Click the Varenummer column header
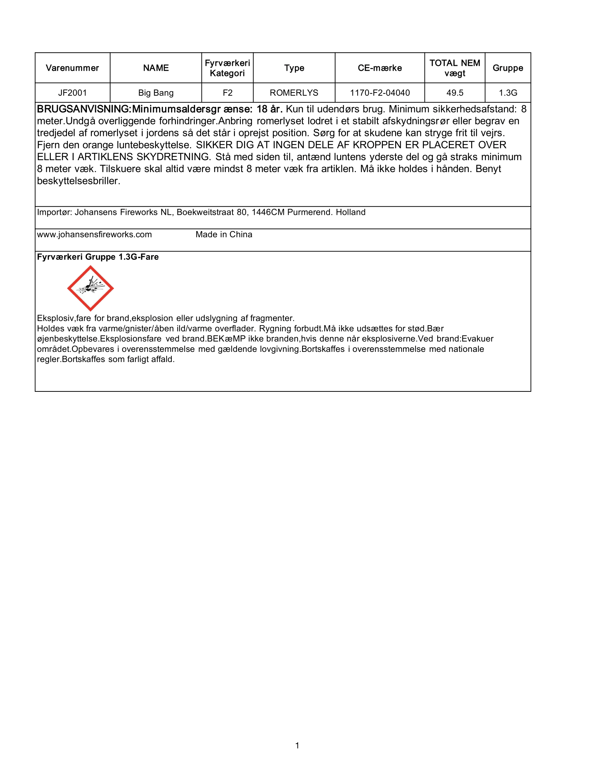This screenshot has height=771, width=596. [x=72, y=68]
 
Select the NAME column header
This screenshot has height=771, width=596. [x=156, y=68]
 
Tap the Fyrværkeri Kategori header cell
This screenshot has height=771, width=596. [x=228, y=68]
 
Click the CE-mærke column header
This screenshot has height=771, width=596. [x=380, y=68]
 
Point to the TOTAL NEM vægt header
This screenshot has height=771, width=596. [x=455, y=68]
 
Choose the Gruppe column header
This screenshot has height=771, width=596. [x=508, y=68]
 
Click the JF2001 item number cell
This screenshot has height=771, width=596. [x=72, y=93]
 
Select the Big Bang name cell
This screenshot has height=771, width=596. [x=156, y=93]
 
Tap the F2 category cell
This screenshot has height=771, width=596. [x=228, y=93]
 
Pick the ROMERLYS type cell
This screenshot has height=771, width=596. [x=294, y=93]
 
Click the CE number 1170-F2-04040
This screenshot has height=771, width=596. [x=380, y=93]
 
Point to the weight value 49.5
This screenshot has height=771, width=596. [x=455, y=93]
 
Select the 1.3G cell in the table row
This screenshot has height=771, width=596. [x=508, y=93]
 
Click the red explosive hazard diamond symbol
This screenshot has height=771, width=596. [x=90, y=288]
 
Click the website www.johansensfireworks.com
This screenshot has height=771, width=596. [x=94, y=234]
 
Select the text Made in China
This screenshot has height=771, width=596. [x=224, y=234]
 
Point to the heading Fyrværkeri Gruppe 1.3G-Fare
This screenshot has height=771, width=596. [x=98, y=257]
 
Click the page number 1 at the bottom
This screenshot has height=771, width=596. [x=297, y=745]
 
